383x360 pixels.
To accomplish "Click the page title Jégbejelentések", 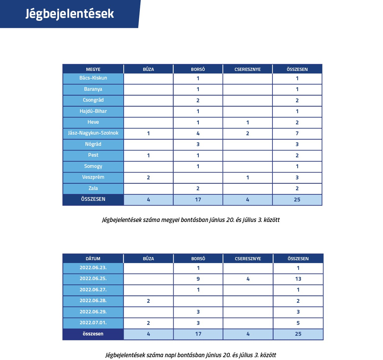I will (x=70, y=14).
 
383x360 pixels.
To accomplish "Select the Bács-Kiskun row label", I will (x=93, y=78).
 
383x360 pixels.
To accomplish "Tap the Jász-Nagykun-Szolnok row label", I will (x=93, y=133).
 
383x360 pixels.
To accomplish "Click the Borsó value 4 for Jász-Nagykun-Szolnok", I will (x=198, y=133).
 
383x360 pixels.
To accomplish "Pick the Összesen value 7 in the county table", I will (x=297, y=133).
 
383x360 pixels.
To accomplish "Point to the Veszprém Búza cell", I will (x=148, y=178).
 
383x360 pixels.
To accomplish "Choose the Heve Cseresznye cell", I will (x=248, y=122).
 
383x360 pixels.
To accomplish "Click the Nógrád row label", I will (x=93, y=144).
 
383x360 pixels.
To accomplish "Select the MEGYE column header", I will (x=93, y=69).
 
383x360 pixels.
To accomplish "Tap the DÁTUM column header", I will (x=93, y=259).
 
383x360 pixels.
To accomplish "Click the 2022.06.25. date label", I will (x=93, y=279).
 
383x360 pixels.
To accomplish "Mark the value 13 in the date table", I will (x=298, y=279).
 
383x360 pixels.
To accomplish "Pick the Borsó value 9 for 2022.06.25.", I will (x=198, y=279).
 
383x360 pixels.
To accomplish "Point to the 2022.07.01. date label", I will (x=93, y=323).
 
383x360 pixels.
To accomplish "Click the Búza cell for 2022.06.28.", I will (x=148, y=301).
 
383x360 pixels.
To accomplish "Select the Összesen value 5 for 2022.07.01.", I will (x=298, y=323).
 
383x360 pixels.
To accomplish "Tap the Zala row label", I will (x=93, y=188).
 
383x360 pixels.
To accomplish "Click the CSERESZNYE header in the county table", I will (x=248, y=69).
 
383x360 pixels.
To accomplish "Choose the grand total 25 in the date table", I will (x=298, y=334).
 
